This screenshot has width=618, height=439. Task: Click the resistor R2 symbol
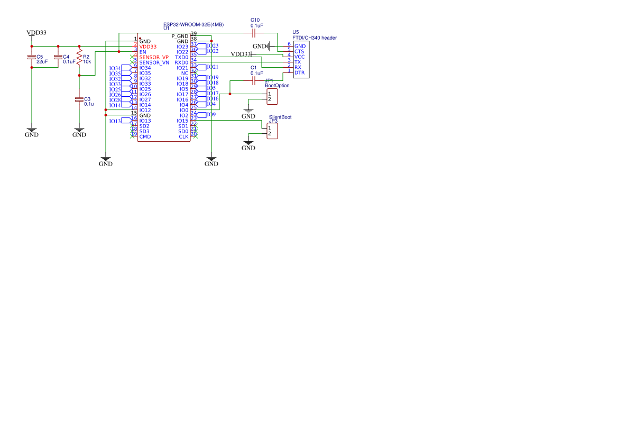[79, 57]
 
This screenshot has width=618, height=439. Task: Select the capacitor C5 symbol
[32, 57]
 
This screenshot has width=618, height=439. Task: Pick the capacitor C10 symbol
[255, 33]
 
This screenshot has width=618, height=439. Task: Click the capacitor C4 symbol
[58, 57]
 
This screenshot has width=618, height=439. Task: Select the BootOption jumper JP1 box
[272, 97]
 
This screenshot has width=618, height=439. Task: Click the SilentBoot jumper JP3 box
[272, 131]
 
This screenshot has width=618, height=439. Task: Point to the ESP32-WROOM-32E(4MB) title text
[193, 24]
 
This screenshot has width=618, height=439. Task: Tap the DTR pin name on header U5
[299, 72]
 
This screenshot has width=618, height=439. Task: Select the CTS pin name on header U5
[299, 51]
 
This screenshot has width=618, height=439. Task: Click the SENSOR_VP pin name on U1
[154, 57]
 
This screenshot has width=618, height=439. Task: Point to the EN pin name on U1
[143, 52]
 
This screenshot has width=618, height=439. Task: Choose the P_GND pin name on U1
[180, 36]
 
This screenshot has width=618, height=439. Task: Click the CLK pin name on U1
[183, 136]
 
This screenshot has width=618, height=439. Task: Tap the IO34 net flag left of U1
[116, 68]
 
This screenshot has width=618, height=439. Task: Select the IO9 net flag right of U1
[210, 114]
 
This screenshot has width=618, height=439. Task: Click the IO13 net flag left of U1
[116, 121]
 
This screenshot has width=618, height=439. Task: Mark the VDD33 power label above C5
[36, 33]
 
